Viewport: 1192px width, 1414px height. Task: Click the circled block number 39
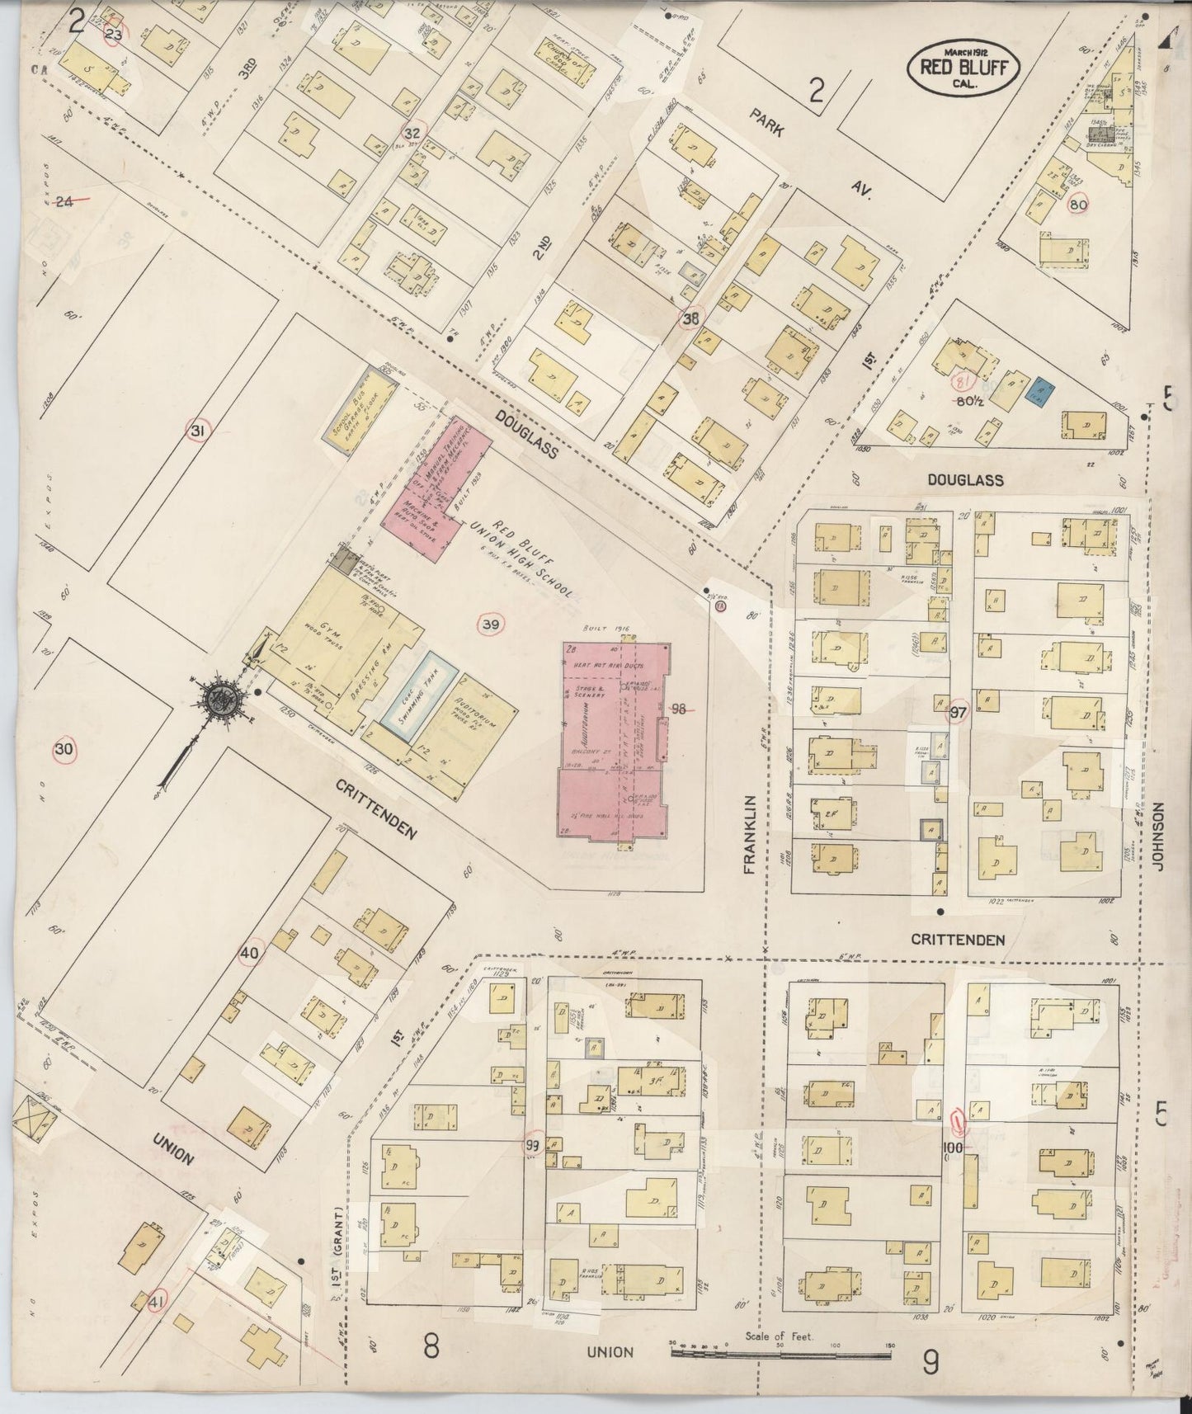pos(490,625)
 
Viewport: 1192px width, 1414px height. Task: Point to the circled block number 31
pos(198,431)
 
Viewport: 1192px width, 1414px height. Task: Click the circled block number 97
pos(958,713)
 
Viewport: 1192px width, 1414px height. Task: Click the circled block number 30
pos(64,750)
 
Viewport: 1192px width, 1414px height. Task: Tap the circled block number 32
pos(412,132)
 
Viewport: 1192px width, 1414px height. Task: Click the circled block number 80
pos(1077,205)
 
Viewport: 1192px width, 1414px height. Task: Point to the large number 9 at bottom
pos(931,1365)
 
